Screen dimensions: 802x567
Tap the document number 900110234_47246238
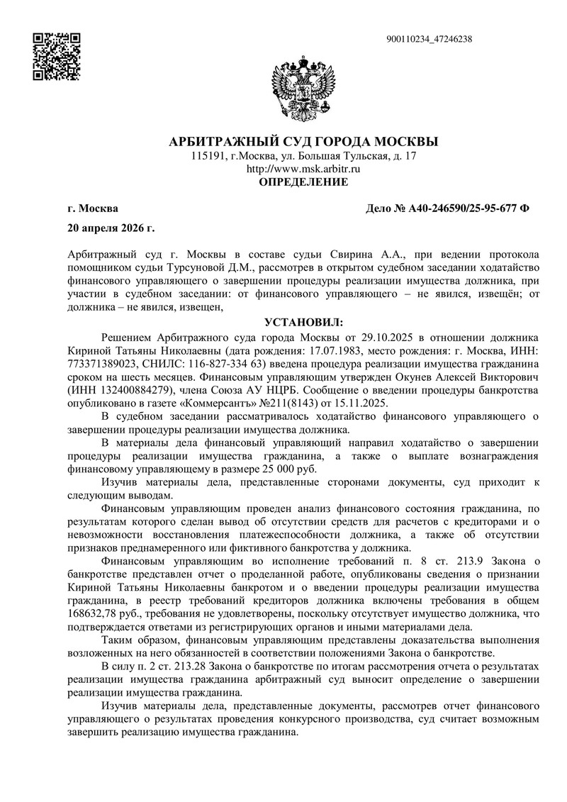[x=431, y=39]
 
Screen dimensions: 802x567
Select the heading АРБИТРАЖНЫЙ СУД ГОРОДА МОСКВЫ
[x=303, y=141]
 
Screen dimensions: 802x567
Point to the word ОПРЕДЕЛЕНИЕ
[x=303, y=182]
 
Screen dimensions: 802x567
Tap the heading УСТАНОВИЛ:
[x=303, y=321]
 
